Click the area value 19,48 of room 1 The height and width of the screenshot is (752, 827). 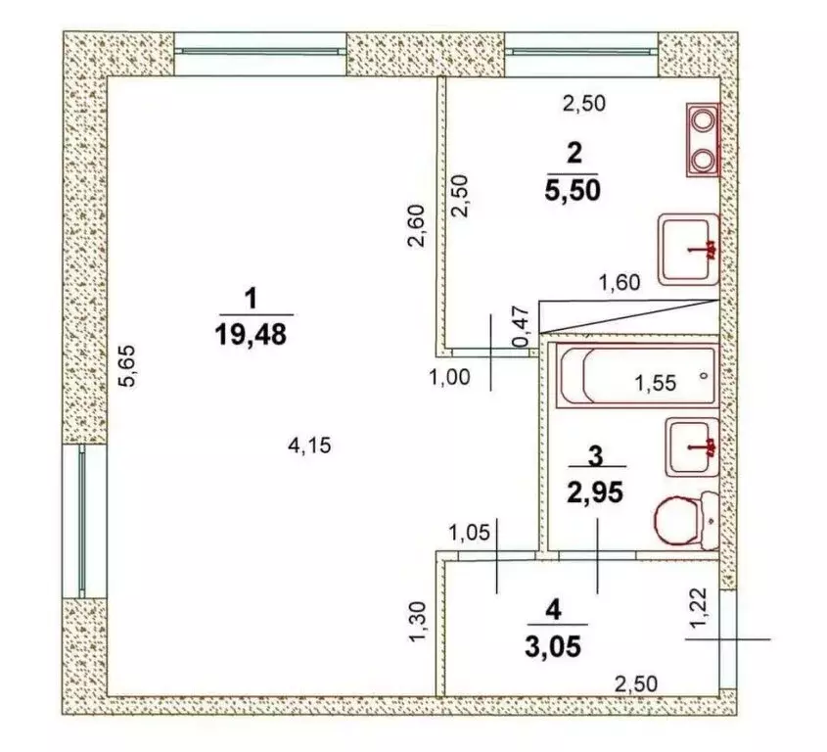tap(251, 334)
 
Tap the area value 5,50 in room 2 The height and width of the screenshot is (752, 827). tap(573, 191)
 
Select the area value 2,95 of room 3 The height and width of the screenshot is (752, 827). tap(595, 493)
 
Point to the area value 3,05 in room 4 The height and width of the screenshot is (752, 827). tap(553, 646)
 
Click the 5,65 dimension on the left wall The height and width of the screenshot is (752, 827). tap(128, 365)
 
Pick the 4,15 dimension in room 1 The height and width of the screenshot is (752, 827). tap(309, 446)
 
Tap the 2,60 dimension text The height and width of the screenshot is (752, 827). tap(416, 225)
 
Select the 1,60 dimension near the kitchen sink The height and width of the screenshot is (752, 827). tap(620, 283)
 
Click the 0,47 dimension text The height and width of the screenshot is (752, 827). tap(521, 326)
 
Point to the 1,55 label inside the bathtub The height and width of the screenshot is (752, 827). tap(655, 383)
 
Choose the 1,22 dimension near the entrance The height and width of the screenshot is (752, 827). tap(699, 607)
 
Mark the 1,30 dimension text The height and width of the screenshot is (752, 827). tap(418, 622)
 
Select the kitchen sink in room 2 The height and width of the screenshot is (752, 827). tap(689, 250)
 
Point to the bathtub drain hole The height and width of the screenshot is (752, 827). tap(703, 376)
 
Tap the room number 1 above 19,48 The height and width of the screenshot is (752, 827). tap(252, 299)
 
